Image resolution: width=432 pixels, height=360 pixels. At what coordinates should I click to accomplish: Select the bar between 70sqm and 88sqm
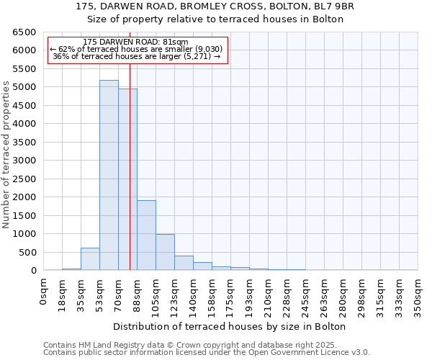point(127,179)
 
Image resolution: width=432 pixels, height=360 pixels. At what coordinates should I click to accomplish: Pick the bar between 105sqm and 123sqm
point(165,252)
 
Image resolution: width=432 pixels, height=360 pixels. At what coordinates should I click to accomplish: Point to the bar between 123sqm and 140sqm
point(184,263)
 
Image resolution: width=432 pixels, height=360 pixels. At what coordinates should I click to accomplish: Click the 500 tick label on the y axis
point(27,252)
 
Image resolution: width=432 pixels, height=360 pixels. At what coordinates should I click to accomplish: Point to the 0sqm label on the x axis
point(44,292)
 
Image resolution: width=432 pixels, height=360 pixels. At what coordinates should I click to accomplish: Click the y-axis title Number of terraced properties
point(6,155)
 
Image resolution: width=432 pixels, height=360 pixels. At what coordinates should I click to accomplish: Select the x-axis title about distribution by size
point(230,326)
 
